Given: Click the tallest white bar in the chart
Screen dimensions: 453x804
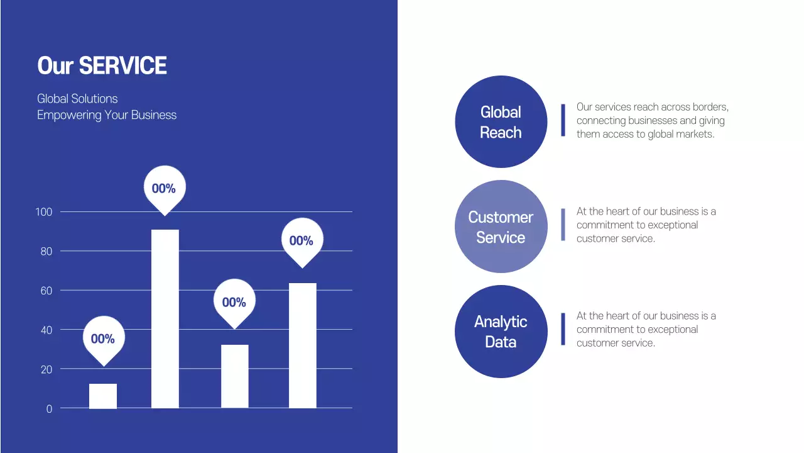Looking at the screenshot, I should point(165,318).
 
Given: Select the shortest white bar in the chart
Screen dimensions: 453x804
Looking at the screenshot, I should point(103,396).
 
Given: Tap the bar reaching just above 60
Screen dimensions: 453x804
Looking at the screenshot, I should point(303,345).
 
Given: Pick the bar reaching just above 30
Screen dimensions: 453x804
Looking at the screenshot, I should point(235,376).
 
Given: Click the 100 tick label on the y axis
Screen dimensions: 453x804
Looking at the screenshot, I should point(44,212).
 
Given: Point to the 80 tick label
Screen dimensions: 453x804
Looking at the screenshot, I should point(46,252).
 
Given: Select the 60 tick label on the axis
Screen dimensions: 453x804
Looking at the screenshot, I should point(46,291).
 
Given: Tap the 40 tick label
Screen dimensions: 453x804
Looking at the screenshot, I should point(46,330).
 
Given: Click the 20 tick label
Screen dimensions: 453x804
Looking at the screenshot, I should point(46,369).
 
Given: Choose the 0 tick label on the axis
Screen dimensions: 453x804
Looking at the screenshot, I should point(49,409).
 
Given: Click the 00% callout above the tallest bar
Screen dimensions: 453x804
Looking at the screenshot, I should point(164,188).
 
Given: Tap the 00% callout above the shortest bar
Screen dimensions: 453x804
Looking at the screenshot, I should point(103,339).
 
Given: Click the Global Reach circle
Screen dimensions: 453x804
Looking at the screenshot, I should point(501,122).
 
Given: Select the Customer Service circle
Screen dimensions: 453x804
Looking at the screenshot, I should point(501,227).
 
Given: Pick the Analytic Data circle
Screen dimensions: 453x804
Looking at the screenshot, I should point(501,332).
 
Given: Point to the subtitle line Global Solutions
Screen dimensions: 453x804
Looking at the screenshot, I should point(77,99).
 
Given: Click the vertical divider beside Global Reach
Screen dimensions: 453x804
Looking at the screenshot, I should point(563,120).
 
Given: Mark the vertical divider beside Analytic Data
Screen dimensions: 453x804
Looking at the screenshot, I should point(563,329).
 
